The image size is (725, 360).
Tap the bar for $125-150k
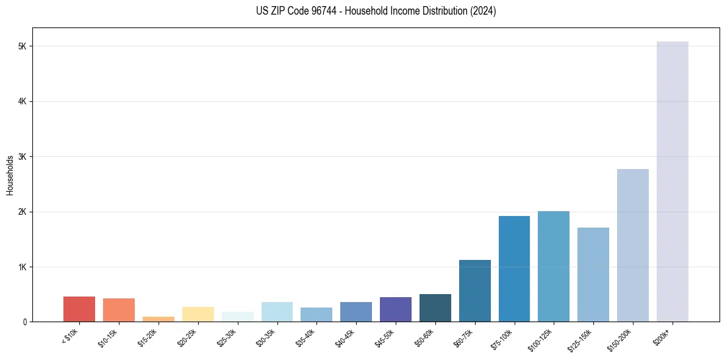[593, 275]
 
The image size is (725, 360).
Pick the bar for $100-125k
[553, 267]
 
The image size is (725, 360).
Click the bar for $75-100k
[514, 269]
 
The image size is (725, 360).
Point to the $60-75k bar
[474, 291]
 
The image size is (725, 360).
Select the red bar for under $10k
[79, 309]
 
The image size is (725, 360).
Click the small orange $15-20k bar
[158, 319]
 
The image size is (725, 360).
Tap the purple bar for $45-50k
[395, 309]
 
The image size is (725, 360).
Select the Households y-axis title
[10, 175]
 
